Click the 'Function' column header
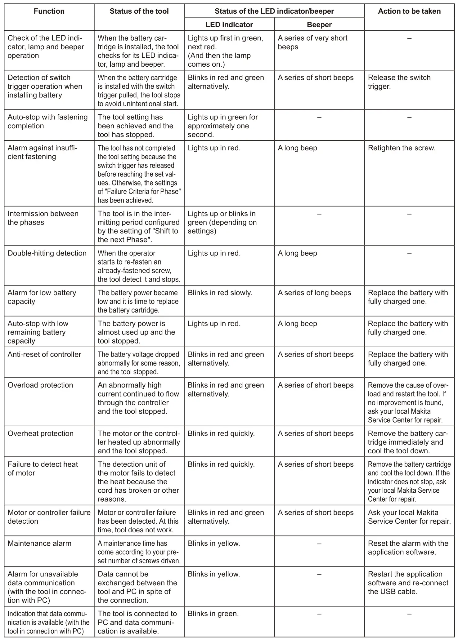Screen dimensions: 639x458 click(49, 11)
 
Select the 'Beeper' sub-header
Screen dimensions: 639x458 click(319, 25)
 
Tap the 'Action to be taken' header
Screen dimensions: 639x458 click(409, 11)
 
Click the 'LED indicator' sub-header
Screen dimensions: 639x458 click(229, 25)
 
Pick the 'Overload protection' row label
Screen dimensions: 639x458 click(40, 385)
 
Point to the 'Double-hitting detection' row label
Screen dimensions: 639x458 click(47, 253)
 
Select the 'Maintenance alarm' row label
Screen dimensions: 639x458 click(39, 543)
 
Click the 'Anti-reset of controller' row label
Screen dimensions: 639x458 click(44, 354)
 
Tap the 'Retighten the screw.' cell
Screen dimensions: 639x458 click(402, 148)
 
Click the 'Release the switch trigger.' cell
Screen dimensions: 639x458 click(399, 82)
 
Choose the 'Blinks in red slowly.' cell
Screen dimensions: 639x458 click(220, 293)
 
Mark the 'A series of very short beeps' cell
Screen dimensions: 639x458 click(312, 42)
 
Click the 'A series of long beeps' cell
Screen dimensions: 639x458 click(314, 293)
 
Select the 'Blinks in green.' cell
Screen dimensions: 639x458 click(213, 613)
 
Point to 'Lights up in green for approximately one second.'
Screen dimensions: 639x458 click(222, 126)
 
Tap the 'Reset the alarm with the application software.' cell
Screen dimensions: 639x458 click(408, 548)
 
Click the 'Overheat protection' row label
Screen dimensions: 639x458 click(40, 433)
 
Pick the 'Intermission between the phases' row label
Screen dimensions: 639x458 click(43, 218)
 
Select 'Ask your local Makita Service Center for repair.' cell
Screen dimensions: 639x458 click(409, 517)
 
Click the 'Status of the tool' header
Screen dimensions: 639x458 click(139, 11)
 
